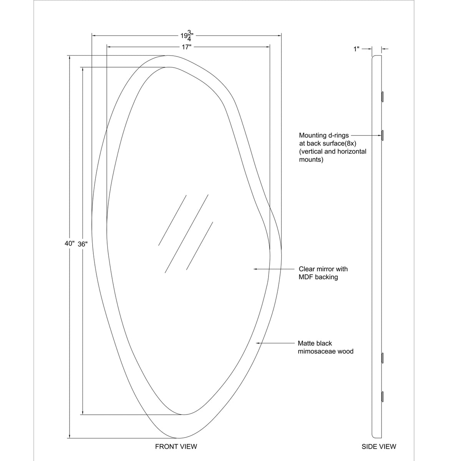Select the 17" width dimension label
pos(187,47)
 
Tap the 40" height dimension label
pos(70,244)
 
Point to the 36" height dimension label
pos(83,244)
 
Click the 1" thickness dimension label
pos(357,49)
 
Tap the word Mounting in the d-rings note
pos(312,135)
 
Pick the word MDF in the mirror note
pos(306,277)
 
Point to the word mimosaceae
pos(316,352)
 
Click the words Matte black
pos(315,343)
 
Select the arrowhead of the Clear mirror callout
pos(255,269)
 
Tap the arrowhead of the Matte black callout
pos(258,343)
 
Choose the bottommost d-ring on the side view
pos(382,396)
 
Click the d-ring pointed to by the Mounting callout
pos(382,135)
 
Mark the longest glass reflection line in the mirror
pos(187,234)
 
